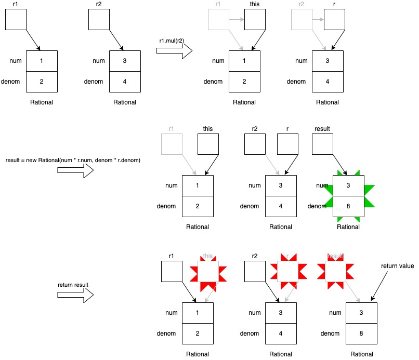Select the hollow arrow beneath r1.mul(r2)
(174, 51)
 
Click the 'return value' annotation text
(398, 266)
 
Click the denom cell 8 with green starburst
(348, 206)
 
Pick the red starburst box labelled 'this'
(208, 271)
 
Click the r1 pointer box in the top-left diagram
(16, 19)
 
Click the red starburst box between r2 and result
(287, 271)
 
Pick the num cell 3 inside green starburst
(348, 185)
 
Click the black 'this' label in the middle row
(208, 128)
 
